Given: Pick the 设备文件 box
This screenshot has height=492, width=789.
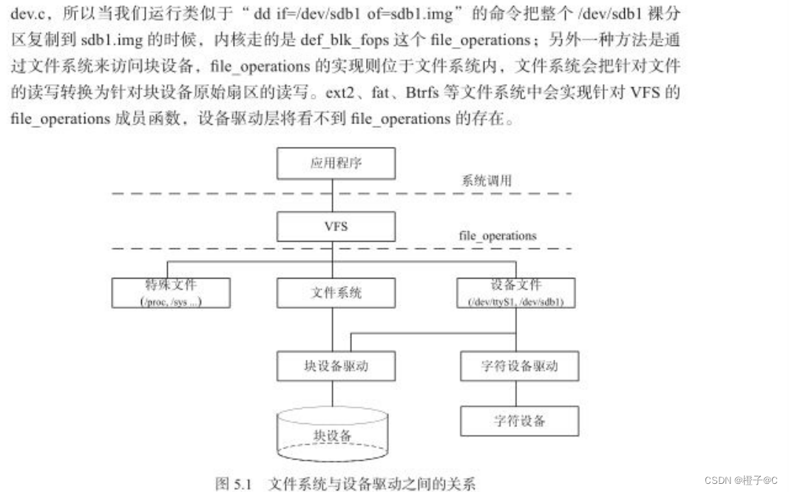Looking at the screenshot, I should coord(515,293).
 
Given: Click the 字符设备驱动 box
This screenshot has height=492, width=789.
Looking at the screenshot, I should coord(519,366).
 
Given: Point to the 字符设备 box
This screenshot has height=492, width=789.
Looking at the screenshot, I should coord(519,420).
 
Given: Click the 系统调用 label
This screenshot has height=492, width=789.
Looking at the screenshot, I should coord(487,180).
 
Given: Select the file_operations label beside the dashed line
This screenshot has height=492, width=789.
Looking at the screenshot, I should coord(498,236).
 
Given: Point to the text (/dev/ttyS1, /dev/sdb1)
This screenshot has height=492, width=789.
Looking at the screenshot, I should coord(515,301).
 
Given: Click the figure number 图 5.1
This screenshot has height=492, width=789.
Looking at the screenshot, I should coord(234,484).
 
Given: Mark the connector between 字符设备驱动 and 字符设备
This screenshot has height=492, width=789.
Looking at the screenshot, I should coord(519,393).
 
